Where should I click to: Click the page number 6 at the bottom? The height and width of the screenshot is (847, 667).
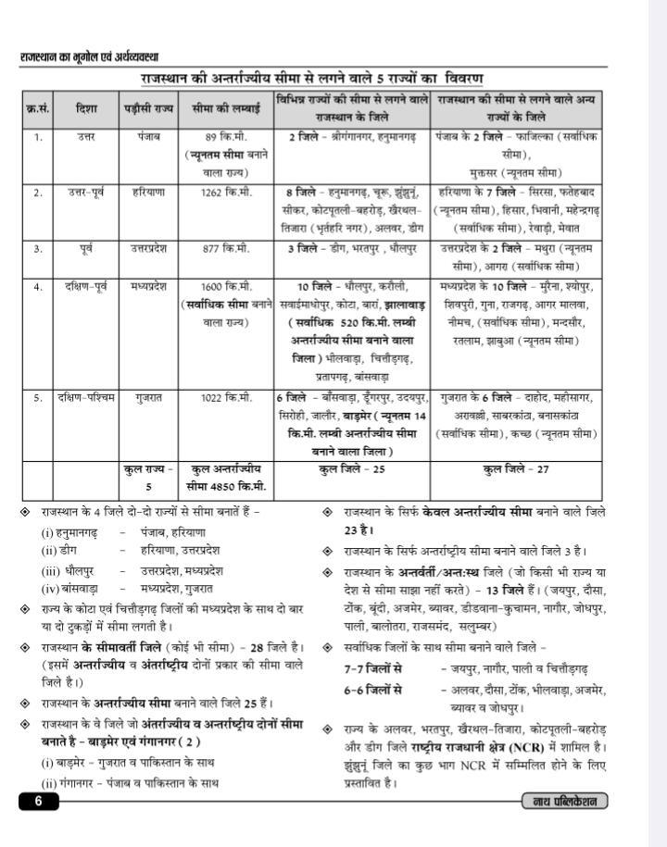click(38, 802)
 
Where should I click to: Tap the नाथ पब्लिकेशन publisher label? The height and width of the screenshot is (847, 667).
click(564, 802)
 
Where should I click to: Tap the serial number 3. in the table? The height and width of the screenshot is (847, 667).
click(38, 249)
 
